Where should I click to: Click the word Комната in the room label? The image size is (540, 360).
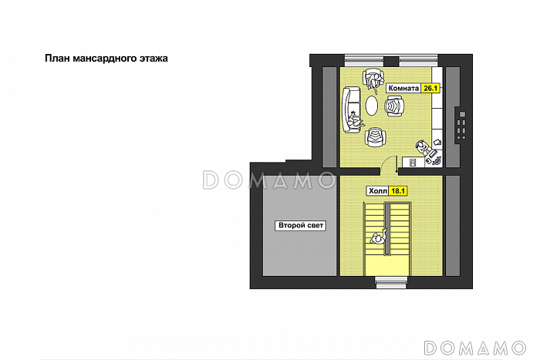pyautogui.click(x=403, y=89)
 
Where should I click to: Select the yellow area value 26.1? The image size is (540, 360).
pyautogui.click(x=430, y=89)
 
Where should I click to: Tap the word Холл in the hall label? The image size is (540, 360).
pyautogui.click(x=378, y=191)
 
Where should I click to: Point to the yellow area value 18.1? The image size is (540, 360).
pyautogui.click(x=398, y=191)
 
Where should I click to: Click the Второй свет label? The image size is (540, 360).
pyautogui.click(x=300, y=225)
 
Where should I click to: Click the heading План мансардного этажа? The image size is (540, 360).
pyautogui.click(x=106, y=58)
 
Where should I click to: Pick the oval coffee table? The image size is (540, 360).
pyautogui.click(x=371, y=106)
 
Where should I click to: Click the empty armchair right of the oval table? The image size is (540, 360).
pyautogui.click(x=393, y=106)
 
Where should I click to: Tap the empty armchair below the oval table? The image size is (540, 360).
pyautogui.click(x=375, y=136)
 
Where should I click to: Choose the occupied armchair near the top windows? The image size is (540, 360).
pyautogui.click(x=373, y=79)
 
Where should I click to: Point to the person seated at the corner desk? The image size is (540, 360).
pyautogui.click(x=422, y=147)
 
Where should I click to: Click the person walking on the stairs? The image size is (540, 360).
pyautogui.click(x=379, y=237)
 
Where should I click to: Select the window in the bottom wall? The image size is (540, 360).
pyautogui.click(x=391, y=282)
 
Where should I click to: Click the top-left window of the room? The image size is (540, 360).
pyautogui.click(x=364, y=61)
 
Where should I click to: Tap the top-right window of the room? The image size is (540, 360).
pyautogui.click(x=418, y=61)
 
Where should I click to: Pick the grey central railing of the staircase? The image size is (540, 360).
pyautogui.click(x=387, y=229)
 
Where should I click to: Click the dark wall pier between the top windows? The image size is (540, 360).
pyautogui.click(x=391, y=61)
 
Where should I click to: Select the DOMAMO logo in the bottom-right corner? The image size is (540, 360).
pyautogui.click(x=475, y=348)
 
